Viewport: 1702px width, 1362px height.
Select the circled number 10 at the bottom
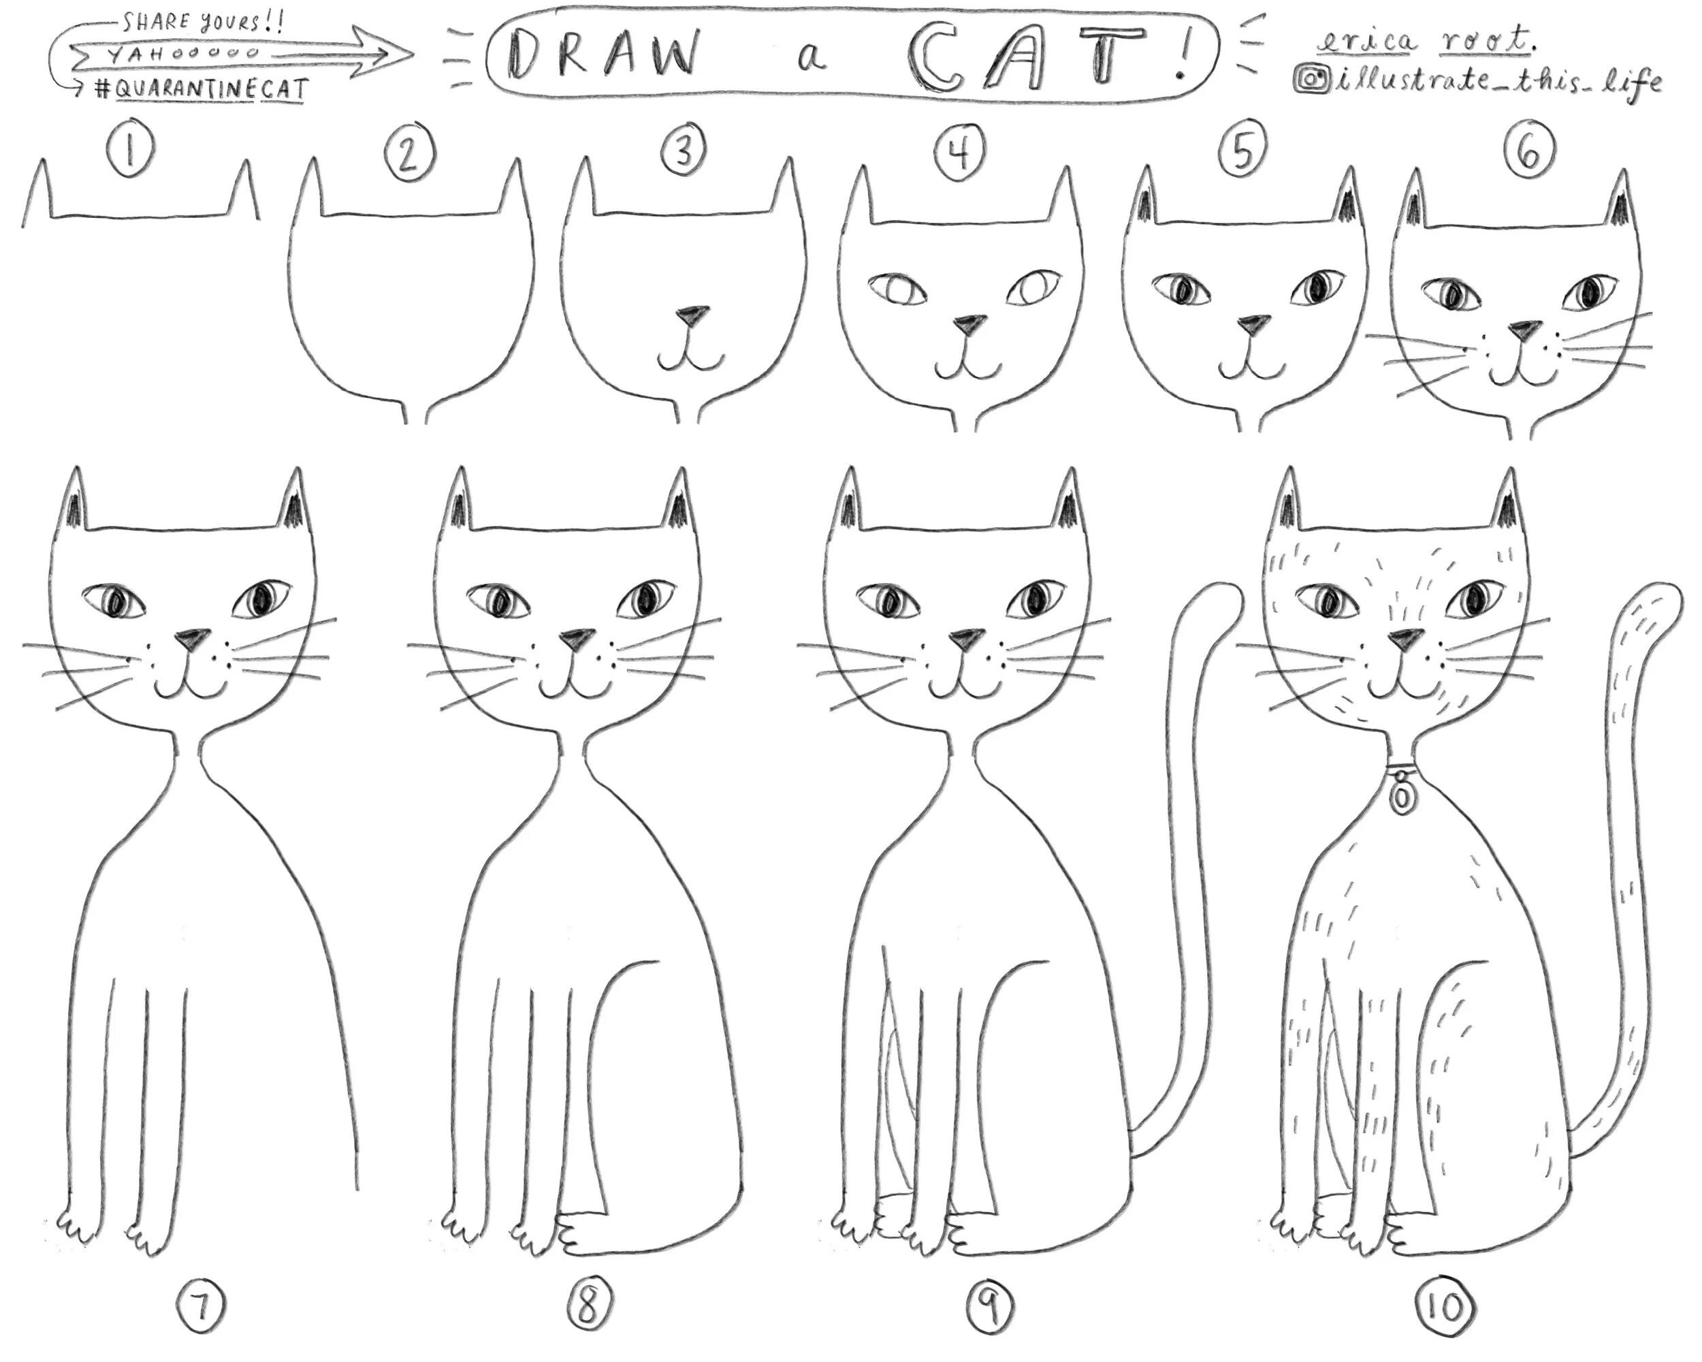pos(1446,1307)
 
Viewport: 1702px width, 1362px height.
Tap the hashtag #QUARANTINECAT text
pos(197,89)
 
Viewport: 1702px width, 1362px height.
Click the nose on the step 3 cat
pos(692,315)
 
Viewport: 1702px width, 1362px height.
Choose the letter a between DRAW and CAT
pos(812,60)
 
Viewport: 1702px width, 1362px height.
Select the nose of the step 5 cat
pos(1253,323)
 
